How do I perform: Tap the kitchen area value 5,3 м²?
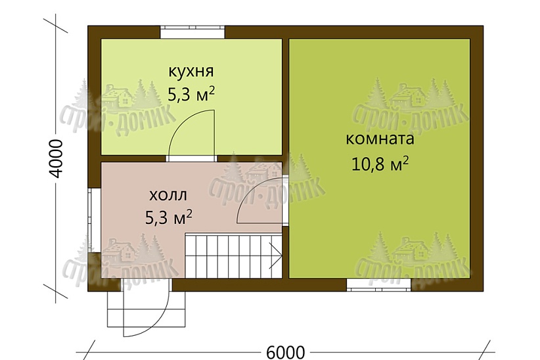click(191, 94)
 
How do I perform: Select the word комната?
click(379, 139)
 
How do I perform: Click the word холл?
click(168, 195)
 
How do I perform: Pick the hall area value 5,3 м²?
click(168, 216)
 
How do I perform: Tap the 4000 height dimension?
click(56, 158)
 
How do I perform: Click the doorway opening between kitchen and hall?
click(191, 158)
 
